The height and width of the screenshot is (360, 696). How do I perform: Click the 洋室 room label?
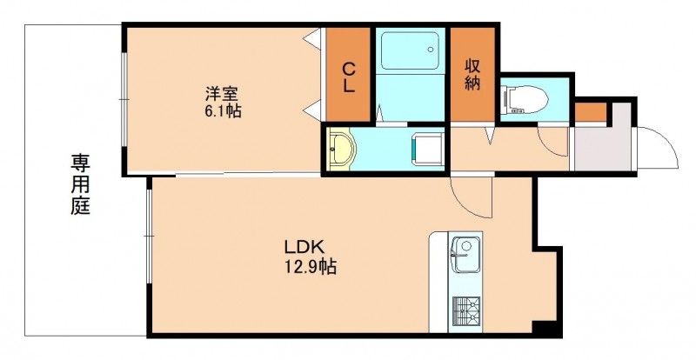coord(222,94)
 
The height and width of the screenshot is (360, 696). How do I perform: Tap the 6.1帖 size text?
coord(223,111)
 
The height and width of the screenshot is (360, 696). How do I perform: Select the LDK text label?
coord(306,246)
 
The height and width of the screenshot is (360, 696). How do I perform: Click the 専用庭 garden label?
coord(80,184)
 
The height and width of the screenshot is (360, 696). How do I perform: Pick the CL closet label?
coord(349,77)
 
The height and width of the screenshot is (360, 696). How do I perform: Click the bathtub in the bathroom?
coord(410,50)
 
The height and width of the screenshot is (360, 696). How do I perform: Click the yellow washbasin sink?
coord(341,149)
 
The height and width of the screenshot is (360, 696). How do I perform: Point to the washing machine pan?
coord(427,150)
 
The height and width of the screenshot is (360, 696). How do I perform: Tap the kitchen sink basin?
coord(465,255)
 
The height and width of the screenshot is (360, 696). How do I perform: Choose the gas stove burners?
coord(466,310)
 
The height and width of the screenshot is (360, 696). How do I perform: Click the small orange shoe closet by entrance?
coord(591,111)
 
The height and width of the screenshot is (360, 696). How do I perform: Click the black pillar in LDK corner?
coord(546,329)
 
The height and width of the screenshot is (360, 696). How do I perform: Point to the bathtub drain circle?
coord(430,50)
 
